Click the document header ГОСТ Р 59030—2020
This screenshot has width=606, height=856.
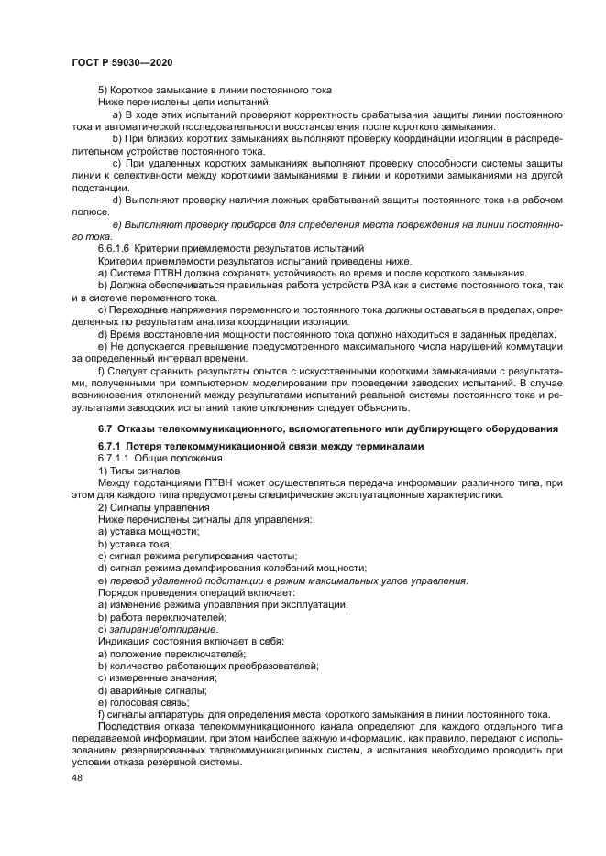[x=122, y=61]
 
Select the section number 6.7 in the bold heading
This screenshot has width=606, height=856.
[x=105, y=428]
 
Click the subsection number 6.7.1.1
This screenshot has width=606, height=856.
[x=116, y=458]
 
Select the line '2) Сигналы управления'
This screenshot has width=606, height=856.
[x=153, y=506]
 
